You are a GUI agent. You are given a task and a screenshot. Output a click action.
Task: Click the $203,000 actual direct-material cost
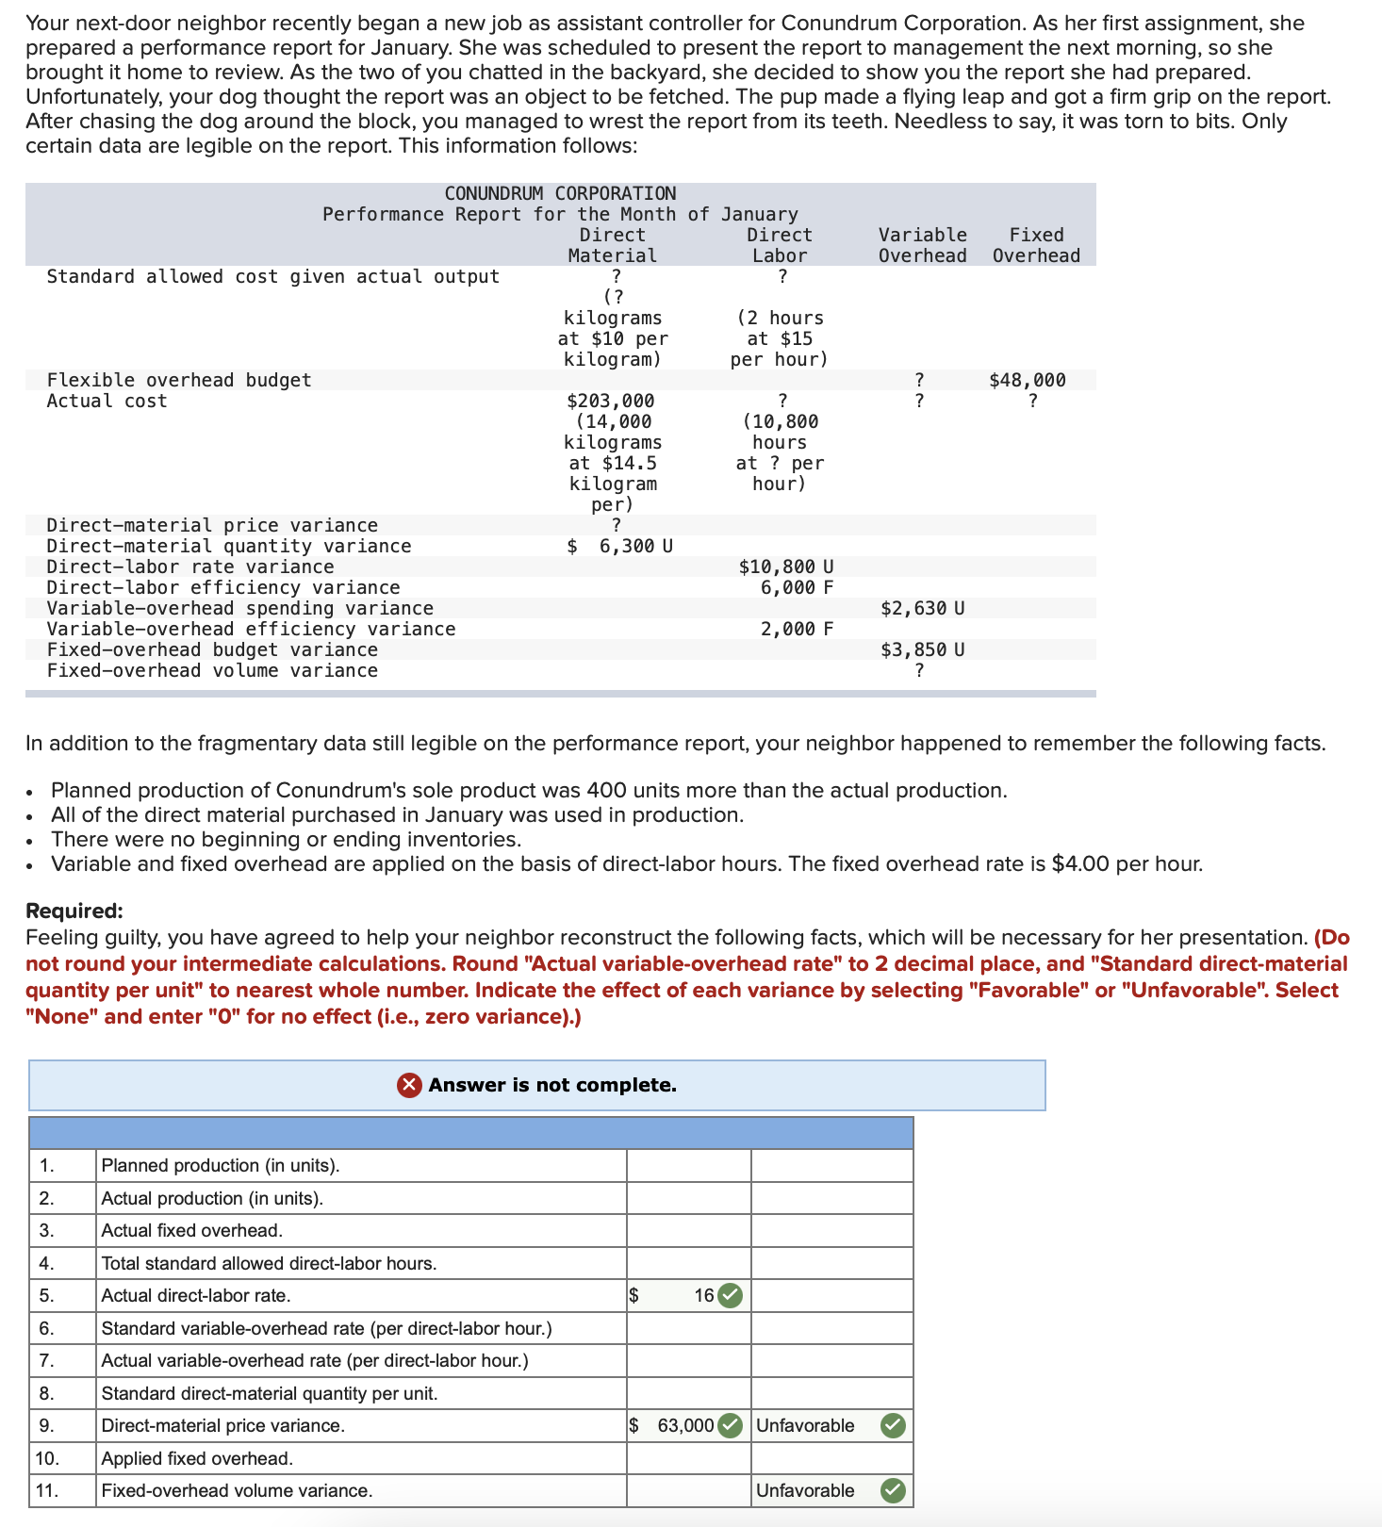point(610,401)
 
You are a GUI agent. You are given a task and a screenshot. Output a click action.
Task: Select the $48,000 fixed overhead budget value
point(1027,380)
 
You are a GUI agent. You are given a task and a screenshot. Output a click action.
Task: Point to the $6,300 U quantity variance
point(620,546)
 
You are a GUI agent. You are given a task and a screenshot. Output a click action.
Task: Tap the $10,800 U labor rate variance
point(785,566)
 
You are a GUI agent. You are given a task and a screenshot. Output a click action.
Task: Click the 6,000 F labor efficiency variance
point(796,587)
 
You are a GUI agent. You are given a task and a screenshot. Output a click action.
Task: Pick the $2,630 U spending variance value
point(922,608)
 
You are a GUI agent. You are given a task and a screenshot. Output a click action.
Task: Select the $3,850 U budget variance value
point(922,649)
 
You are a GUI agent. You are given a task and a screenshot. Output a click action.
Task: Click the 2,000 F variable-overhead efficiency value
point(796,629)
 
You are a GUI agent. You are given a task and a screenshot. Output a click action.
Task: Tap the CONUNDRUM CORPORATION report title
point(560,193)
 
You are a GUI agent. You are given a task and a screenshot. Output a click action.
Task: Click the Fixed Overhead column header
point(1036,245)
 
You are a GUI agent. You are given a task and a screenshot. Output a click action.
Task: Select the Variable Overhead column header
point(922,245)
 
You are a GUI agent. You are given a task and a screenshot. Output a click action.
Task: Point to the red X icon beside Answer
point(408,1085)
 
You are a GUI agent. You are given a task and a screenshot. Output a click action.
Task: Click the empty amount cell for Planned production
point(688,1165)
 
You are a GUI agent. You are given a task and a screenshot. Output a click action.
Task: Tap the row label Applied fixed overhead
point(197,1458)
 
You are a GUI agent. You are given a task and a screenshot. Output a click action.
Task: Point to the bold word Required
point(74,911)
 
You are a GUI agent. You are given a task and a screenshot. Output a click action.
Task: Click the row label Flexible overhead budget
point(179,380)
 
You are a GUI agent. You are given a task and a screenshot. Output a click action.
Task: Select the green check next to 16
point(730,1295)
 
